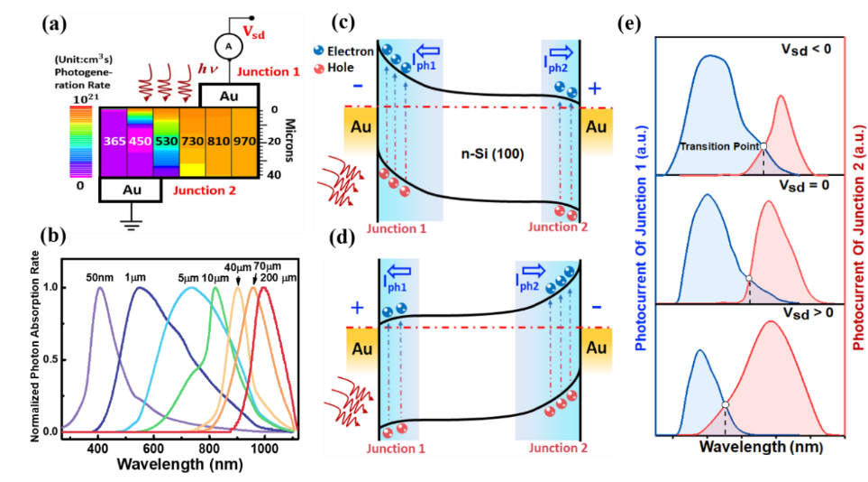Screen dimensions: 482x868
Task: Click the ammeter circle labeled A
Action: coord(205,46)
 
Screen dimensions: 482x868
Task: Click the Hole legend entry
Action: coord(341,67)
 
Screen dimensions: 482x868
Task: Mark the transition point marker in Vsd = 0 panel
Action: coord(750,278)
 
